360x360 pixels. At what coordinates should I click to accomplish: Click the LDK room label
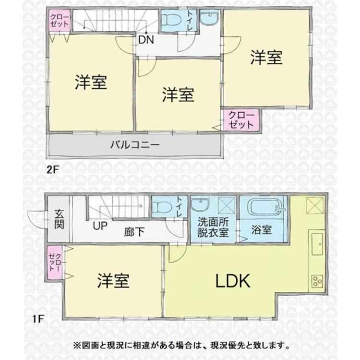click(233, 281)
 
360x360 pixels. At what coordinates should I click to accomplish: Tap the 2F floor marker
click(53, 170)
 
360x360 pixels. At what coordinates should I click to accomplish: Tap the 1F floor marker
click(38, 319)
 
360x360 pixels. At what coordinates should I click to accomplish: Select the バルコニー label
click(135, 145)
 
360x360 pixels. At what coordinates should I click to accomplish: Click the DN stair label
click(146, 40)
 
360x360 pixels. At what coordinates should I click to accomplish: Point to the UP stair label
click(100, 226)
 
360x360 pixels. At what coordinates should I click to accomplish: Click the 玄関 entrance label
click(59, 219)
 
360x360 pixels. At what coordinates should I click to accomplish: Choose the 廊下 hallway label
click(134, 232)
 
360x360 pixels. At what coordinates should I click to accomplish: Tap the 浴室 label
click(262, 229)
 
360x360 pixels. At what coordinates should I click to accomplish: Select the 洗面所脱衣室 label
click(213, 228)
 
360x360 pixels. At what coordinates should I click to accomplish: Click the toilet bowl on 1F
click(162, 206)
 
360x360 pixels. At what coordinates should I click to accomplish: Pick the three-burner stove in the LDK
click(317, 281)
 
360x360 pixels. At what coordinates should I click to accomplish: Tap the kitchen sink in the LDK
click(318, 244)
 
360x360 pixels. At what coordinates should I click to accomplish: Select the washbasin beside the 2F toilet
click(209, 17)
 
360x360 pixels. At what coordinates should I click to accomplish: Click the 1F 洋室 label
click(113, 281)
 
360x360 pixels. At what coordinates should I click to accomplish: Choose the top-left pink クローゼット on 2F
click(60, 21)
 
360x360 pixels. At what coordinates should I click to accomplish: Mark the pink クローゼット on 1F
click(55, 263)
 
